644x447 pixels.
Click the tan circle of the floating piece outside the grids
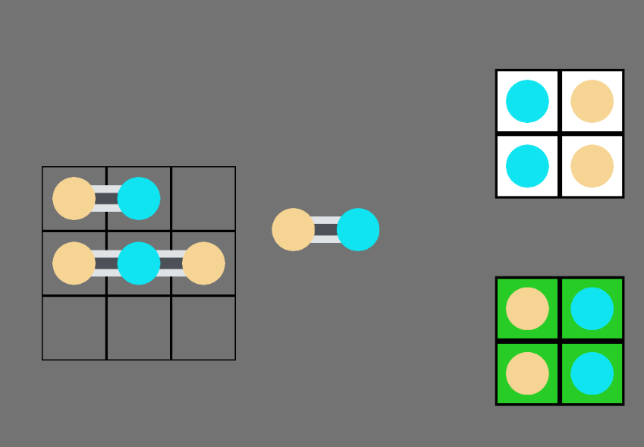click(x=294, y=229)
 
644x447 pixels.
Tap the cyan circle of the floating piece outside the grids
click(x=358, y=229)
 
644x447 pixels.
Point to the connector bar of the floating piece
click(x=325, y=229)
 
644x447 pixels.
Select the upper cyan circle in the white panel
click(x=527, y=101)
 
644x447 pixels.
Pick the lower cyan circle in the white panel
click(x=527, y=165)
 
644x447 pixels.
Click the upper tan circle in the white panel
click(x=592, y=101)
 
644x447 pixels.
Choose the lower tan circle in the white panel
click(x=592, y=165)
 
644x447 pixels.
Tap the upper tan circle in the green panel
click(x=527, y=308)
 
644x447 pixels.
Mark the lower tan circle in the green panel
click(x=527, y=373)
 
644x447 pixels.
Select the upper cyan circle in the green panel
click(x=592, y=308)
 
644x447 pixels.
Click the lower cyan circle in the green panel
click(x=592, y=373)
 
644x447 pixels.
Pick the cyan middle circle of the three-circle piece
click(x=139, y=263)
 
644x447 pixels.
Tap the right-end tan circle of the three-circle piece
click(x=203, y=263)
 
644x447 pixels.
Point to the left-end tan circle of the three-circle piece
click(x=74, y=263)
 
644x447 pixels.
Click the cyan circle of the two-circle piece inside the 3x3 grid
click(x=139, y=198)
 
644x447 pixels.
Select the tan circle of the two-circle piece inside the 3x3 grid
click(x=74, y=198)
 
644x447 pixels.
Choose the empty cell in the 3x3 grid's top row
click(x=203, y=198)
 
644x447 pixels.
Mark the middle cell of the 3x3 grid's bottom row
click(x=139, y=328)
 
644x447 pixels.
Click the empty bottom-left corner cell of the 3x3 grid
click(x=74, y=328)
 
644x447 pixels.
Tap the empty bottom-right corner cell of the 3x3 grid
click(x=203, y=328)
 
